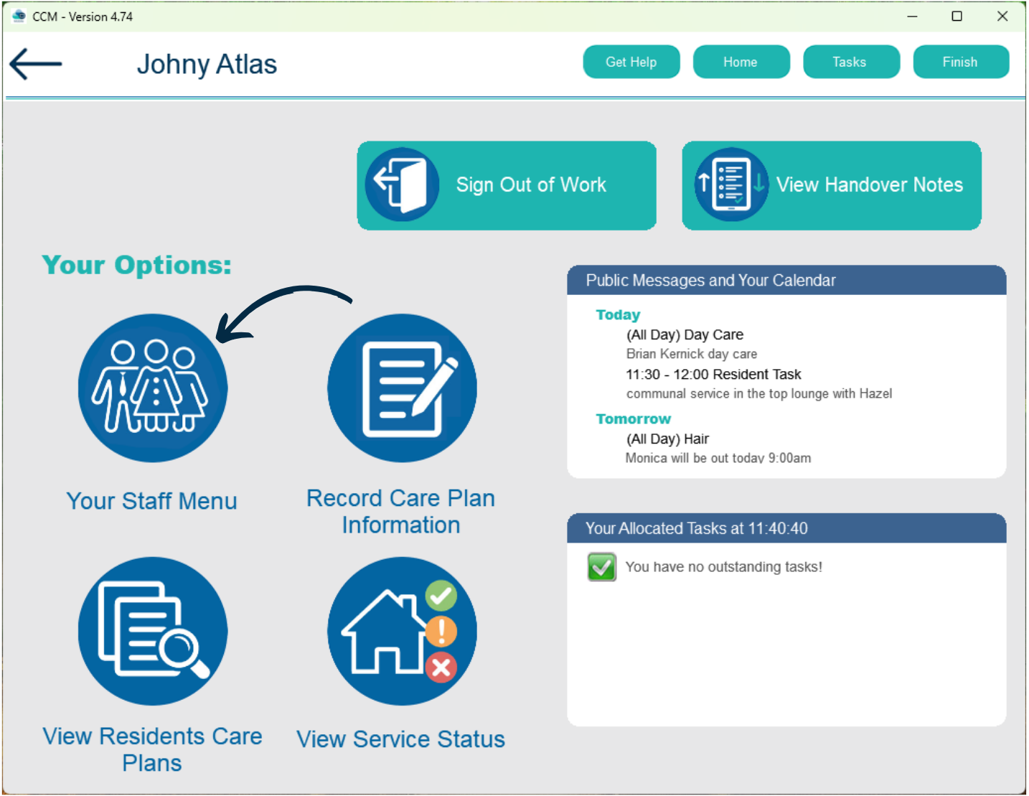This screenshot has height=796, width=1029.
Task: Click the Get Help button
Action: [x=631, y=62]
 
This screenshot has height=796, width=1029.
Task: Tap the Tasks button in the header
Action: [x=851, y=62]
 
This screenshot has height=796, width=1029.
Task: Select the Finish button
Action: [x=961, y=62]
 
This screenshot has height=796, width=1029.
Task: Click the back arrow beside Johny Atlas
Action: [x=35, y=64]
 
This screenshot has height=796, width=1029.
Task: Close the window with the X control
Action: [x=1002, y=16]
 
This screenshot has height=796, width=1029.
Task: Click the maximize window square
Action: [x=957, y=16]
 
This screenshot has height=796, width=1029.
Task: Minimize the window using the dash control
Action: [x=912, y=17]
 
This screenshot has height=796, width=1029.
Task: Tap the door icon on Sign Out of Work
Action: [x=402, y=184]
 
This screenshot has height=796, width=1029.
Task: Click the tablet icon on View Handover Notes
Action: [x=731, y=184]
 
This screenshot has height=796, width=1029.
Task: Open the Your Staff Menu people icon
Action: [x=152, y=388]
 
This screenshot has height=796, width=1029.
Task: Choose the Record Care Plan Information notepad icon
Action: [x=402, y=388]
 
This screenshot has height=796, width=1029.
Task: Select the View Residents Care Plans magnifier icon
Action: [x=152, y=631]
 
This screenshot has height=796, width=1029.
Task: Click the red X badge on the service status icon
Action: [x=441, y=668]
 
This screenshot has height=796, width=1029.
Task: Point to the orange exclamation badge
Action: [x=441, y=631]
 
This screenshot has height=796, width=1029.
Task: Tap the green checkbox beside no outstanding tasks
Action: [x=601, y=566]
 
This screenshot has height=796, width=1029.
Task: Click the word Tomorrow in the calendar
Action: [x=633, y=418]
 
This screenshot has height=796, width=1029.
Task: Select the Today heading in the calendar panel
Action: [x=618, y=315]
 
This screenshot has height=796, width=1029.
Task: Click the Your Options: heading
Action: [x=137, y=265]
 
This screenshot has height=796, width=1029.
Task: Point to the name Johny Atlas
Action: [x=207, y=65]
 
